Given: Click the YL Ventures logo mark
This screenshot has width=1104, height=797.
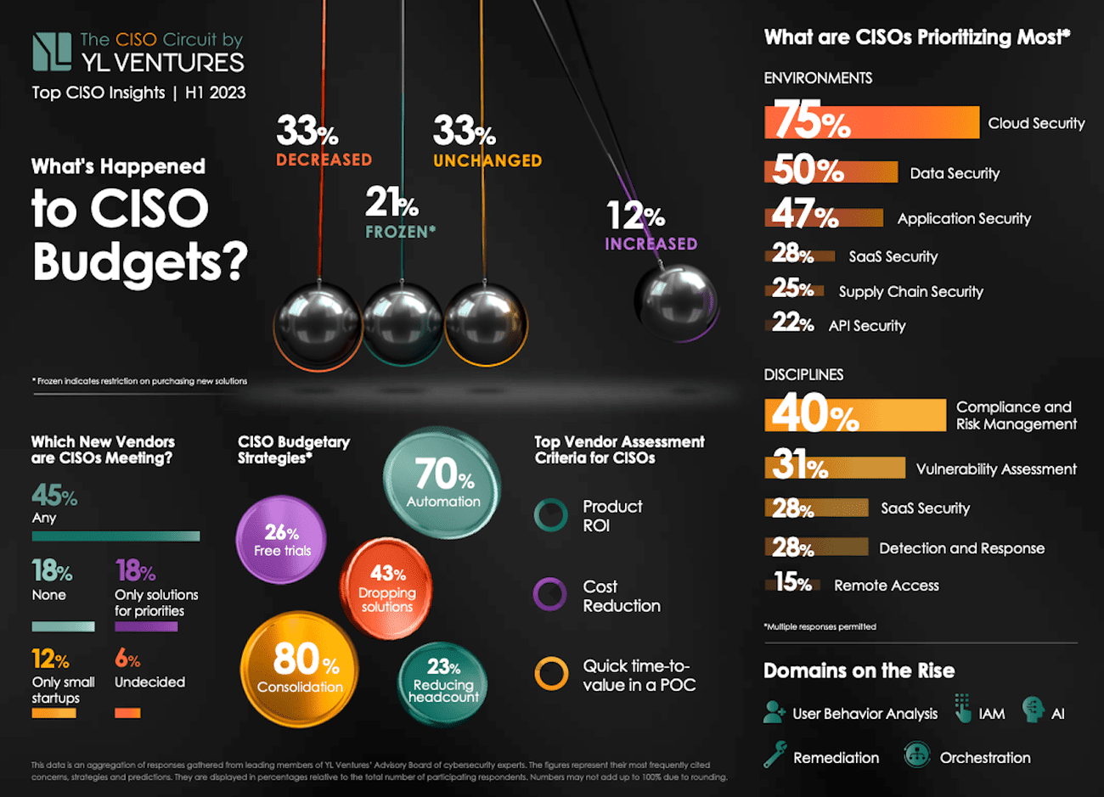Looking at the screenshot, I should pyautogui.click(x=52, y=52).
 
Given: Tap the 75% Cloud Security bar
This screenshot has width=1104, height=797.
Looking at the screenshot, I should pyautogui.click(x=871, y=122).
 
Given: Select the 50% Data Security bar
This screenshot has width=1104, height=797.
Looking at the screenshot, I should pyautogui.click(x=831, y=171).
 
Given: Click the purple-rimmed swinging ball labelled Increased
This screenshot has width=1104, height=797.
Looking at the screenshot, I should pyautogui.click(x=677, y=301).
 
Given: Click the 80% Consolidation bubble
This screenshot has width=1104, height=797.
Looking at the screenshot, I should pyautogui.click(x=300, y=668).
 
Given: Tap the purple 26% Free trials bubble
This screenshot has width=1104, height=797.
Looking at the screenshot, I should pyautogui.click(x=281, y=540).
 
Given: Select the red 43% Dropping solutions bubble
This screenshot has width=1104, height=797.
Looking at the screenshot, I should pyautogui.click(x=387, y=587).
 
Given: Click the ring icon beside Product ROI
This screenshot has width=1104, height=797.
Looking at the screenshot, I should pyautogui.click(x=550, y=514).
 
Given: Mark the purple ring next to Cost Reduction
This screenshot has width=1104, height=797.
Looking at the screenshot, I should pyautogui.click(x=549, y=594).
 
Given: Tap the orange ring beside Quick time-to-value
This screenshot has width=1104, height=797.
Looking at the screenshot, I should pyautogui.click(x=551, y=674).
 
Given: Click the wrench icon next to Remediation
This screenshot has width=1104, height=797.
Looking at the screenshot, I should pyautogui.click(x=774, y=755).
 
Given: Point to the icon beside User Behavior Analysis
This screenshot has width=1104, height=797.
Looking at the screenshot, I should pyautogui.click(x=774, y=712).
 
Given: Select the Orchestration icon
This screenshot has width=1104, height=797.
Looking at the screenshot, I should pyautogui.click(x=916, y=755).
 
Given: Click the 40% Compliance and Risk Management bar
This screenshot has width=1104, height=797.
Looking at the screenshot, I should pyautogui.click(x=854, y=415).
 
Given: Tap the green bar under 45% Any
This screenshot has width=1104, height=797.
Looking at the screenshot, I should pyautogui.click(x=115, y=536).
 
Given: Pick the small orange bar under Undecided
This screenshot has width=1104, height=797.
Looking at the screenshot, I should pyautogui.click(x=127, y=713).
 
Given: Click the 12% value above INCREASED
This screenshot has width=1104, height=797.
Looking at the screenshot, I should pyautogui.click(x=635, y=216).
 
